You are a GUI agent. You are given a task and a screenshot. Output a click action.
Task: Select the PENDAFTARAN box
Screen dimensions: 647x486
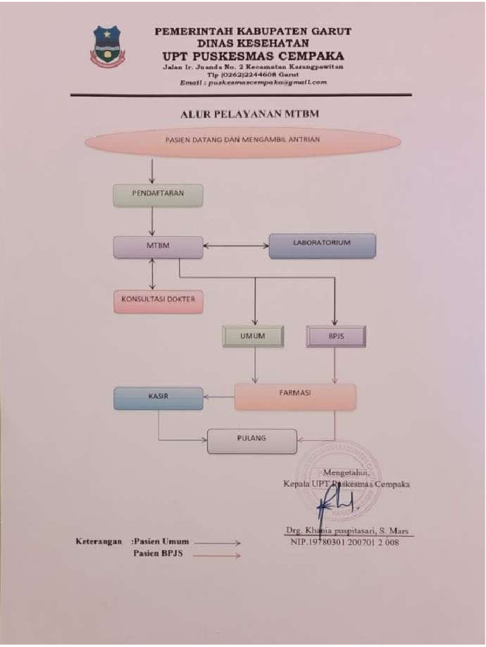coord(158,195)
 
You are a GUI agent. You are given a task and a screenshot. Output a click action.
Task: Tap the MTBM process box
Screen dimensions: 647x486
coord(158,246)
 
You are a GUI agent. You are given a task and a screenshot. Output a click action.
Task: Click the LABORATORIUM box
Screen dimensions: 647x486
coord(322,245)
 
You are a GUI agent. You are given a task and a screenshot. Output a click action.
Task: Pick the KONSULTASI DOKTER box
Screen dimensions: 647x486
coord(158,301)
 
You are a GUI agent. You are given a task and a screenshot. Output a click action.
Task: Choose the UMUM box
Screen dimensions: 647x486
coord(252,337)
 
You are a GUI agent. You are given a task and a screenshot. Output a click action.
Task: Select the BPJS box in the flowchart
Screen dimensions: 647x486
coord(335,337)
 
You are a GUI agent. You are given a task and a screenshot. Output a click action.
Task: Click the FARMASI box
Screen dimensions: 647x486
coord(295,397)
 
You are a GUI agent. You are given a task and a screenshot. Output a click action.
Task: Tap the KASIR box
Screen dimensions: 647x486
coord(158,397)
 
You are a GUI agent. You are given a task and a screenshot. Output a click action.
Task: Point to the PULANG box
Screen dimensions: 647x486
coord(252,440)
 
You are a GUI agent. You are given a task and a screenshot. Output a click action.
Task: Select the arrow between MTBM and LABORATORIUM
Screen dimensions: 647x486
coord(235,246)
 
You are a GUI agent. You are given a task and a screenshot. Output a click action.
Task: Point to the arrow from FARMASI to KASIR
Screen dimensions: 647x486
coord(219,397)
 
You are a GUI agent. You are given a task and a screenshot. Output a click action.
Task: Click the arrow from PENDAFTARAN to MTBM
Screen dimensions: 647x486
coord(153,221)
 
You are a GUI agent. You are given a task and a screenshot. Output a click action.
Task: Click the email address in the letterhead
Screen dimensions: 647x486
coord(253,82)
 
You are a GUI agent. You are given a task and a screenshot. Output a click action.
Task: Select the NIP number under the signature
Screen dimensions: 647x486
coord(345,542)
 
